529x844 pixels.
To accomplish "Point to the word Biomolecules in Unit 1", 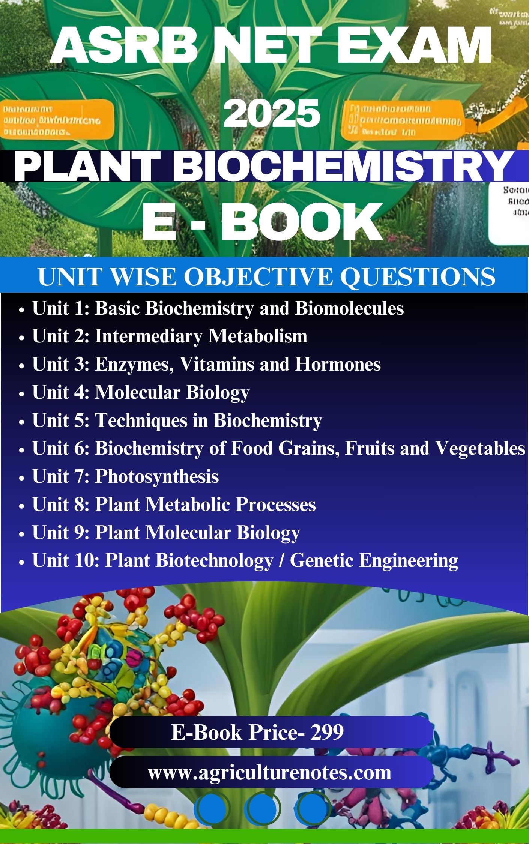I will (x=349, y=308).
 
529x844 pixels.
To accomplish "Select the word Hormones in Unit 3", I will (x=337, y=364).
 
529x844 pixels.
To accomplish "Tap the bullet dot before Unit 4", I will (x=21, y=394).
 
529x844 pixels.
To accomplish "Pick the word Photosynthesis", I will (x=157, y=476).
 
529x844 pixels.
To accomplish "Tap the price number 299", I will (x=327, y=732).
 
